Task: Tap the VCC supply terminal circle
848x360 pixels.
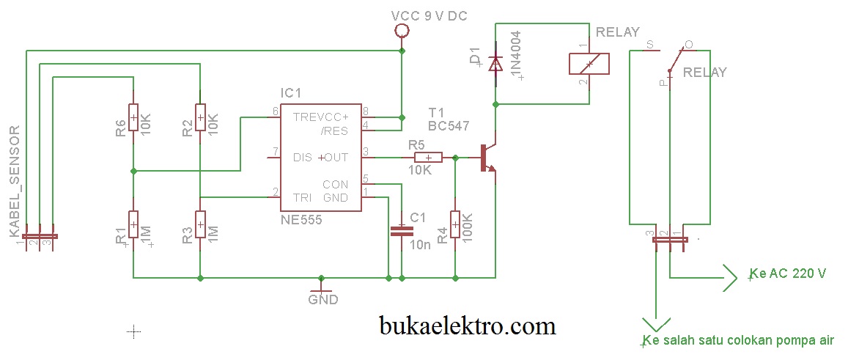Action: (402, 31)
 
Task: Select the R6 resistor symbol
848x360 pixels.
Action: (133, 117)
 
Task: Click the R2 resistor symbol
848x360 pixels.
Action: (200, 117)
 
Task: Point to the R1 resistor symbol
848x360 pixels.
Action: (133, 224)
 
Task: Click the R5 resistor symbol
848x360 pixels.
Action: (428, 157)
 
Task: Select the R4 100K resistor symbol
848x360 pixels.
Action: (455, 224)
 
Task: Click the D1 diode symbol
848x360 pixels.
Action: (495, 65)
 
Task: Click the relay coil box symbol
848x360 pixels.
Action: (589, 64)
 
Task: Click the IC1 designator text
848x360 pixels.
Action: (291, 93)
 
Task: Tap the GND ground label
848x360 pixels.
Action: (322, 300)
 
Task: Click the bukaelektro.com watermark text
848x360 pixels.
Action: (468, 324)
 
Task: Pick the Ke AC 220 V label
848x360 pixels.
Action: (788, 273)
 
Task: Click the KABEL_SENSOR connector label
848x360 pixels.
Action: (14, 181)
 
